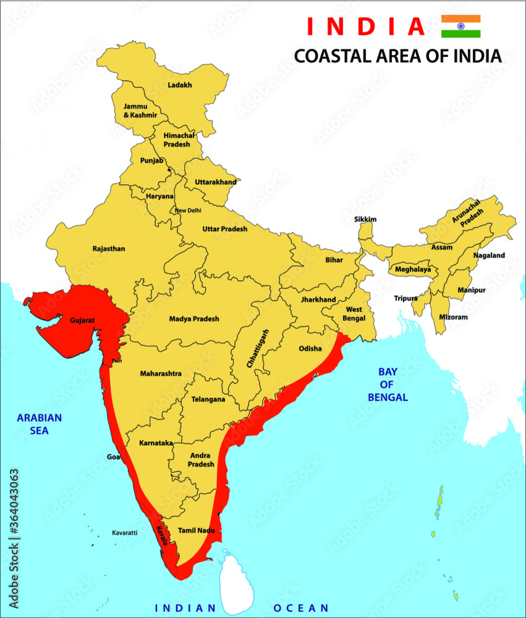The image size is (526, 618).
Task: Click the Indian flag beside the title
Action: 460,27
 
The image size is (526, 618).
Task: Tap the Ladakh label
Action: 180,85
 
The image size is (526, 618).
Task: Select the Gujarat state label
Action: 82,321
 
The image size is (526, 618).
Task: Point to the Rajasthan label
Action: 109,249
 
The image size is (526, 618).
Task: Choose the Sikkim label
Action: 365,219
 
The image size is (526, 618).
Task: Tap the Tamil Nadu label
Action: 196,530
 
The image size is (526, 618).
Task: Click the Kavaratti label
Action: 124,532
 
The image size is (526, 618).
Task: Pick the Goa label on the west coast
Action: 114,457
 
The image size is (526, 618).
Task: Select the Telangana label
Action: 208,399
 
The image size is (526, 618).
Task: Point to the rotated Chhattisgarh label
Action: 258,349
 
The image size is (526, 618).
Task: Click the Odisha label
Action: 310,349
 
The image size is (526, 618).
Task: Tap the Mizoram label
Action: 453,317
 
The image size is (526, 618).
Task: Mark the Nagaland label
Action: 489,255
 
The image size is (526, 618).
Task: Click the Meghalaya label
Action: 412,270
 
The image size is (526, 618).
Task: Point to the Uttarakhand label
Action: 216,182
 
